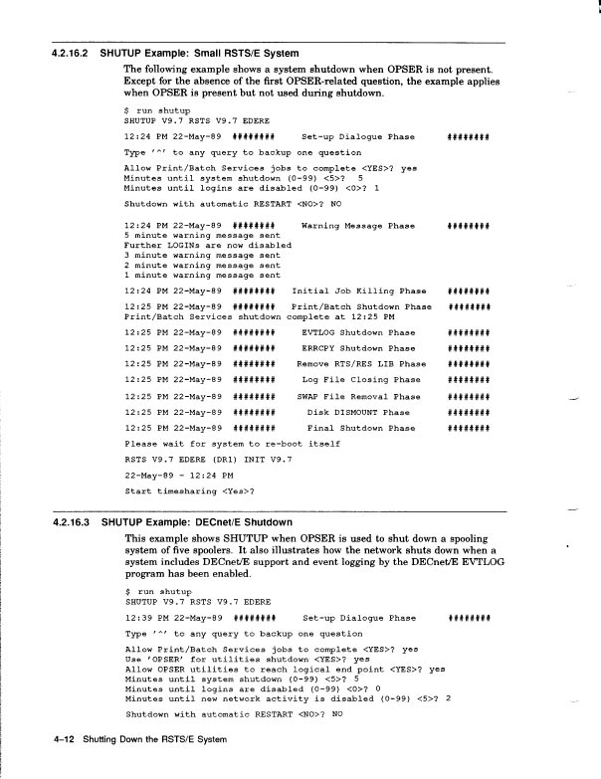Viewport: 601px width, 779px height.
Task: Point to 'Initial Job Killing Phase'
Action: [x=354, y=290]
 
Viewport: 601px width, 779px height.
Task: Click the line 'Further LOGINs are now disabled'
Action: [x=207, y=245]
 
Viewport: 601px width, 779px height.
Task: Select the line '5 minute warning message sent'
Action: [x=202, y=235]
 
